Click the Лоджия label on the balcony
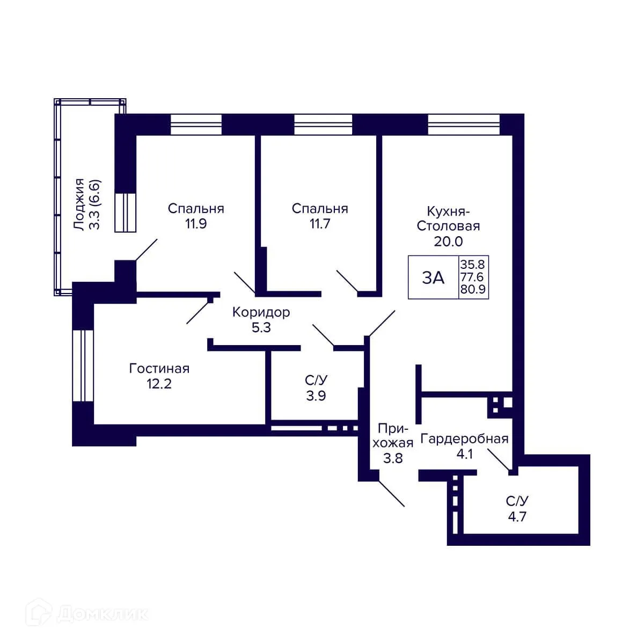(x=79, y=204)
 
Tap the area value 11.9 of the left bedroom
(x=196, y=224)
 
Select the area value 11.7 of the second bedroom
(x=320, y=224)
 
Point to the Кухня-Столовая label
(x=448, y=218)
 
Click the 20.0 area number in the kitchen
(x=448, y=241)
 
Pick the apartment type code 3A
(x=433, y=277)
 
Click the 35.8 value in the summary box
(x=472, y=265)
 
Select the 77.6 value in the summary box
(x=472, y=277)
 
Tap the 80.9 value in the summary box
(x=472, y=290)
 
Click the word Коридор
(x=261, y=312)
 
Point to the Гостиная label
(x=159, y=369)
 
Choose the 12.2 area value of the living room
(x=159, y=384)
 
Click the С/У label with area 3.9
(x=316, y=380)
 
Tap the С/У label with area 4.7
(x=517, y=501)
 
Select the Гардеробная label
(x=464, y=439)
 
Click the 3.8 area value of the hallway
(x=392, y=458)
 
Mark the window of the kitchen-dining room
(x=464, y=125)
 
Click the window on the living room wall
(x=83, y=365)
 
